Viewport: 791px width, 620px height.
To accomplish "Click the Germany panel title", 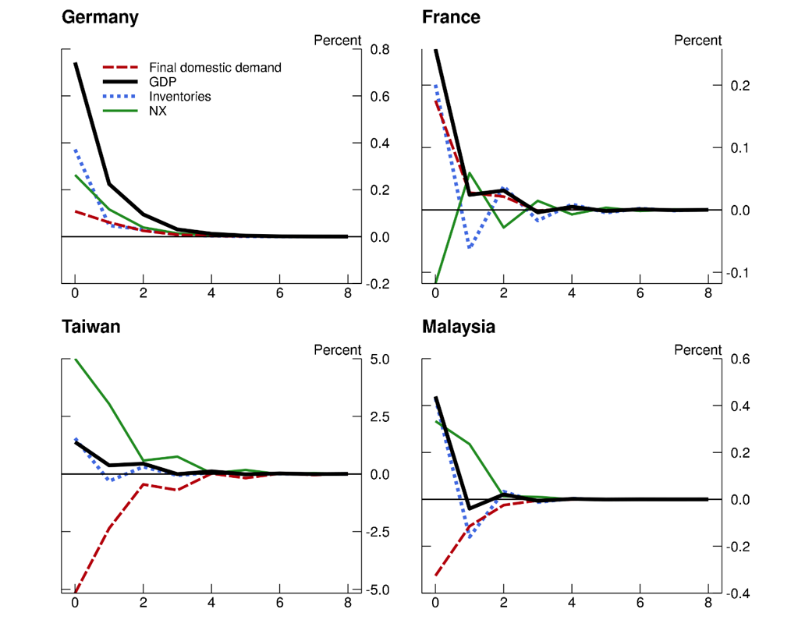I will pos(100,17).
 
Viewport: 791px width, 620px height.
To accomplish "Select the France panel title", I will pos(451,17).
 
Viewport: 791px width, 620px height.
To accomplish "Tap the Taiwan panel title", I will pos(91,327).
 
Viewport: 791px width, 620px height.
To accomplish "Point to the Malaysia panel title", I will pos(459,327).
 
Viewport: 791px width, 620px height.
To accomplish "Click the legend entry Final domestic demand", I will pos(215,68).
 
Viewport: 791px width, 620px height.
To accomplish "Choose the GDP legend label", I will pos(162,82).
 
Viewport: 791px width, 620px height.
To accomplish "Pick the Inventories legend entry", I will pos(179,97).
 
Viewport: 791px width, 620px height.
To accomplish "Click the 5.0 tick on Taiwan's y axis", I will pos(381,360).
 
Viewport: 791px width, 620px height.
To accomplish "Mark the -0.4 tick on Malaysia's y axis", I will pos(739,593).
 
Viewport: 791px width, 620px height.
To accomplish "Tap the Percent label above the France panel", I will pos(698,41).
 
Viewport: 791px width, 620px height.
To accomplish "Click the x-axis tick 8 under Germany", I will pos(348,294).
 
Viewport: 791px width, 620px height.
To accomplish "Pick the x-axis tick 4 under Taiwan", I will pos(211,603).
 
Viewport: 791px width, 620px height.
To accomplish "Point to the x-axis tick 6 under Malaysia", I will pos(640,603).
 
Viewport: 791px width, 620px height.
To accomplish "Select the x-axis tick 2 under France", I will pos(503,294).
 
